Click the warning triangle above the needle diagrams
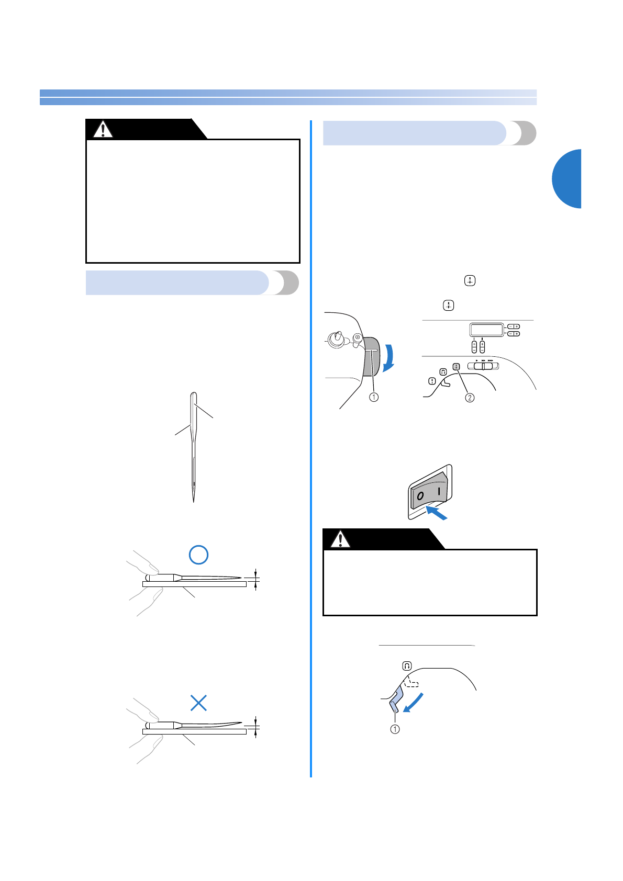tap(103, 129)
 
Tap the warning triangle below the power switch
tap(340, 539)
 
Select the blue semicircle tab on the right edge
tap(568, 179)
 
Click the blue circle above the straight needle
tap(199, 555)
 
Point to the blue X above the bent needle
tap(199, 703)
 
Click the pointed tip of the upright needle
tap(194, 500)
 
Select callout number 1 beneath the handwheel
tap(373, 397)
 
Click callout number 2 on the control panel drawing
tap(470, 398)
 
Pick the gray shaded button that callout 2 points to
tap(456, 367)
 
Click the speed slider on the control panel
tap(483, 366)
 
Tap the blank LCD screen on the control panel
tap(486, 330)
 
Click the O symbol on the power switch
tap(420, 495)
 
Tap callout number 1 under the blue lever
tap(395, 729)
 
